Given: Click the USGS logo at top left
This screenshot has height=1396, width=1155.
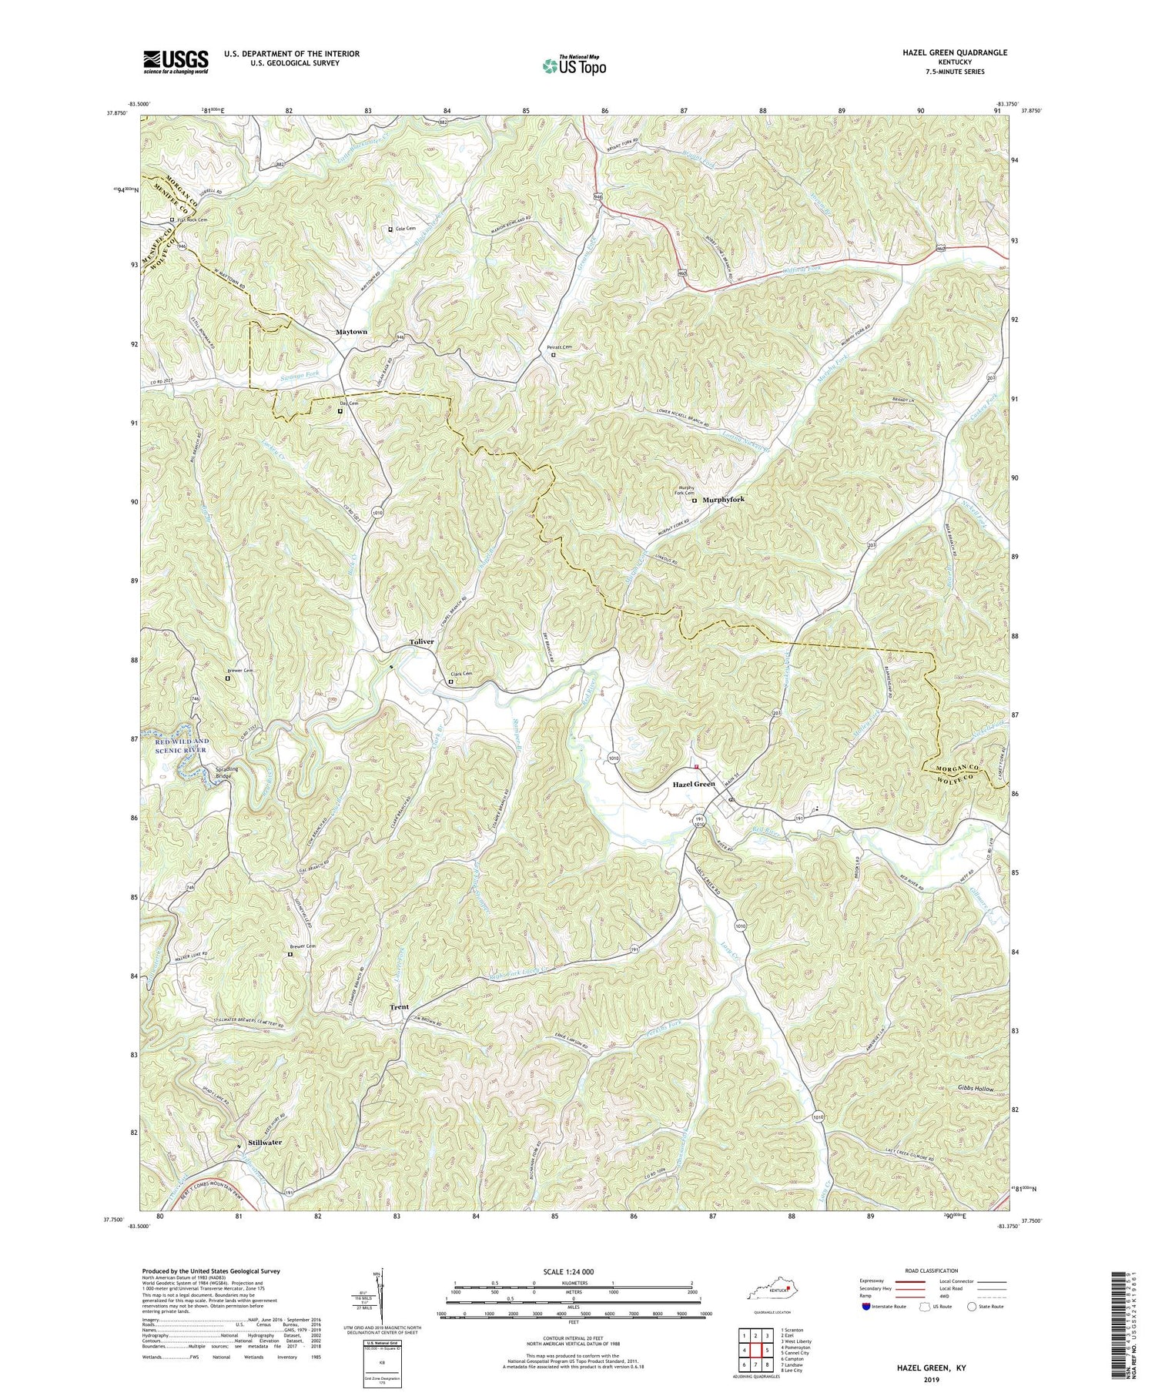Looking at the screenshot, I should [176, 61].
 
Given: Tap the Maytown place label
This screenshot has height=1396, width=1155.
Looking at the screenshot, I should [351, 332].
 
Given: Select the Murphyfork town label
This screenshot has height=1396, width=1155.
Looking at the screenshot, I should [723, 500].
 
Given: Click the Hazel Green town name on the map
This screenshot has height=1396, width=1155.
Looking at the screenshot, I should [694, 784].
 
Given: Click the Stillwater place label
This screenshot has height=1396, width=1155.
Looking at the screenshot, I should [265, 1143].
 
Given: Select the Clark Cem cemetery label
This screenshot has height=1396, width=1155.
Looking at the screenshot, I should [461, 674].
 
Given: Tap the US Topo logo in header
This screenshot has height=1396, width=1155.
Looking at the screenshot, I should [574, 65].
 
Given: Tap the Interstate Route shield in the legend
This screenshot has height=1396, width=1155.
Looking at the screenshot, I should [868, 1307].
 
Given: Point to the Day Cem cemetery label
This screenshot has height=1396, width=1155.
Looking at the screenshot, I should [349, 403].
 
